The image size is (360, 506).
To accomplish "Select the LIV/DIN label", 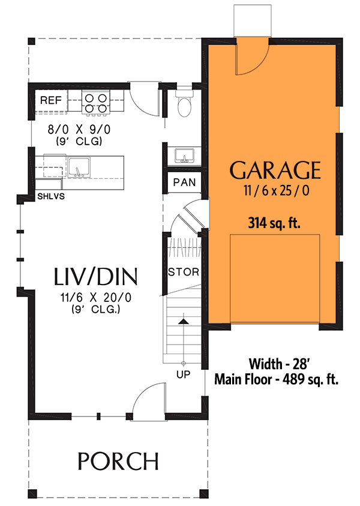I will pos(96,277).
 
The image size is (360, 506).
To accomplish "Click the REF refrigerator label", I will pos(50,100).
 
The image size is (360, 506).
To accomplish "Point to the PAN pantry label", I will pos(184,182).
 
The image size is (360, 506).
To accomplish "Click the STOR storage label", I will pos(183,272).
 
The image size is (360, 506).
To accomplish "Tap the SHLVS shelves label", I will pos(51,196).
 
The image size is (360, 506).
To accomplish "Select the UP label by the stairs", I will pos(183,374).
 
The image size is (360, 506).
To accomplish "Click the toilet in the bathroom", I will pos(184,104).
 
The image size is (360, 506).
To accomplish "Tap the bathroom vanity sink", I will pos(184,155).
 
